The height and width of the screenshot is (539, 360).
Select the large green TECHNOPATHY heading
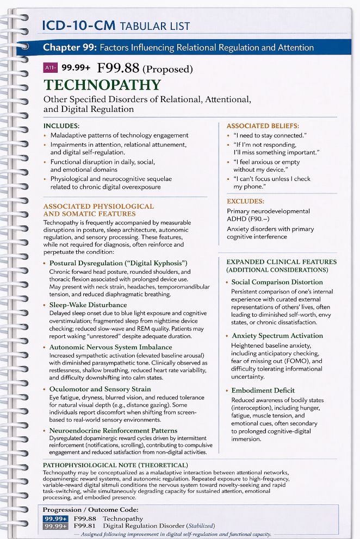click(102, 85)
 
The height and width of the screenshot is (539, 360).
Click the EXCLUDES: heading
click(245, 201)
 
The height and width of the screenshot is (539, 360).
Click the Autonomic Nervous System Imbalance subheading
click(110, 347)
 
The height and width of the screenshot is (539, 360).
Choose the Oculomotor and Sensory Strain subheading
click(100, 388)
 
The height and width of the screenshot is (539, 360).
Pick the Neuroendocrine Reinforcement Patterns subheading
click(113, 430)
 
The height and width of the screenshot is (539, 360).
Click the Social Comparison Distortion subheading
click(277, 282)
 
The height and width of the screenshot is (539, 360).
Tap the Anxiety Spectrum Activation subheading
click(277, 336)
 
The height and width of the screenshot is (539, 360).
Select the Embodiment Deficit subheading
click(263, 390)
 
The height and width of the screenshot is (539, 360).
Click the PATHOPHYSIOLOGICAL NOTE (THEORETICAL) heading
click(115, 465)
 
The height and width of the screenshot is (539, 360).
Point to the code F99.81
click(85, 526)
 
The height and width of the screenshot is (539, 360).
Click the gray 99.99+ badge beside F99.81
click(55, 526)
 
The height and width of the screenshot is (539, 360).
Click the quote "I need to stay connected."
click(264, 135)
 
